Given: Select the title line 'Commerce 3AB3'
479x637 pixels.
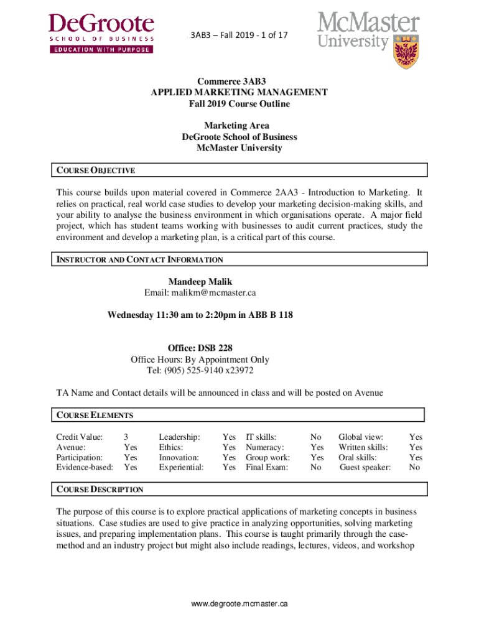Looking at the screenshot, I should (x=240, y=81).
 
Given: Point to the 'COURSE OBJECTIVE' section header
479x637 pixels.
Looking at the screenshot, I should (x=96, y=170).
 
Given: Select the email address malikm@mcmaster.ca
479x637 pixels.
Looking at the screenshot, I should (x=200, y=292).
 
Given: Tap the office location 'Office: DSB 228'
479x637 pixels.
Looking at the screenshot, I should (x=200, y=348).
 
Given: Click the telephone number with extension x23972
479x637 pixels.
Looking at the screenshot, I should (x=200, y=371).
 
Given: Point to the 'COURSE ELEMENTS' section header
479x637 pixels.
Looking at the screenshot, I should (x=95, y=415).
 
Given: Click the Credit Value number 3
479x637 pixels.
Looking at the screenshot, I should (x=126, y=437).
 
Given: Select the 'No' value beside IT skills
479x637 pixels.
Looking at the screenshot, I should (x=316, y=437).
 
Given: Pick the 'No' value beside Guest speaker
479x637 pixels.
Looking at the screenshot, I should (x=414, y=467).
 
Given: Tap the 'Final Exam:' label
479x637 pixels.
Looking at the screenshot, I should (x=267, y=467).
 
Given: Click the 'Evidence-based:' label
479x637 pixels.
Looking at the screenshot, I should (x=85, y=467).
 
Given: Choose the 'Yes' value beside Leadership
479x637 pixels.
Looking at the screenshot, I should (x=229, y=437).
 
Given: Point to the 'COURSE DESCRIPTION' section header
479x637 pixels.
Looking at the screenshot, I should (x=100, y=489).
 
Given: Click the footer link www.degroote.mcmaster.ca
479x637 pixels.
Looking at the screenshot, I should (x=240, y=603).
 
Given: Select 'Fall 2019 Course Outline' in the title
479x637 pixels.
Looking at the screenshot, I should (x=240, y=104).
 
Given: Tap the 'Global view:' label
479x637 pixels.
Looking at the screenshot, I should (x=361, y=437).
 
